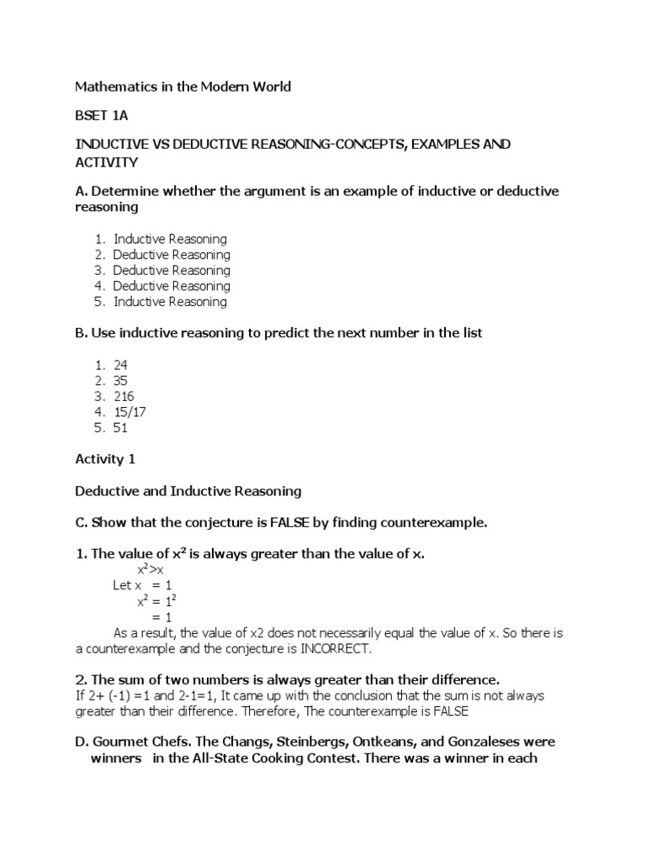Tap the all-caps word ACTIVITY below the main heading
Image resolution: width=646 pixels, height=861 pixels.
click(107, 161)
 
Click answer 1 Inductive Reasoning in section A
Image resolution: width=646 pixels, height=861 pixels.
click(170, 239)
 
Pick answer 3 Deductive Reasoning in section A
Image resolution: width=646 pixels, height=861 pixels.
click(171, 270)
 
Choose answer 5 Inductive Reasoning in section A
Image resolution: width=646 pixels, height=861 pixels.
click(170, 301)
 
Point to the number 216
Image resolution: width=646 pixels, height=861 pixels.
click(124, 396)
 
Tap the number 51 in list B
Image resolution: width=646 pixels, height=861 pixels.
click(120, 427)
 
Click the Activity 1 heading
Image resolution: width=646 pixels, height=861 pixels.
click(105, 459)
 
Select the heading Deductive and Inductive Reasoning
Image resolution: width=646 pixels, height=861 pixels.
click(188, 490)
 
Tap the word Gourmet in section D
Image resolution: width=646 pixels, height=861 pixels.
click(119, 742)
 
